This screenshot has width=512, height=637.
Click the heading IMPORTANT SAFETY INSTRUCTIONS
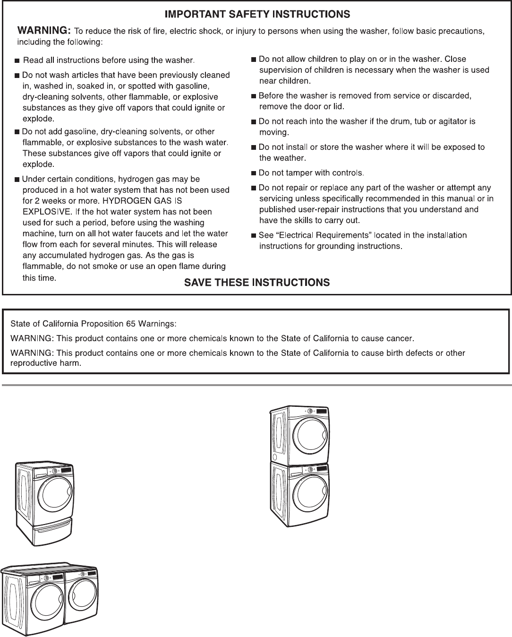tap(257, 14)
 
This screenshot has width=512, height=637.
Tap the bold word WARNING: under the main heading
tap(44, 31)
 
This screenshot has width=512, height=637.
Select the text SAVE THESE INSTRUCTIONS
tap(256, 283)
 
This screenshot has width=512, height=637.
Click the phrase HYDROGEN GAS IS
tap(149, 201)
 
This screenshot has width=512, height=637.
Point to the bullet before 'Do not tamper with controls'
tap(254, 173)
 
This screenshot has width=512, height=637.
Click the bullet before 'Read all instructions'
tap(17, 61)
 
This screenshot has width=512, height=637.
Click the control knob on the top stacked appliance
tap(310, 411)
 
